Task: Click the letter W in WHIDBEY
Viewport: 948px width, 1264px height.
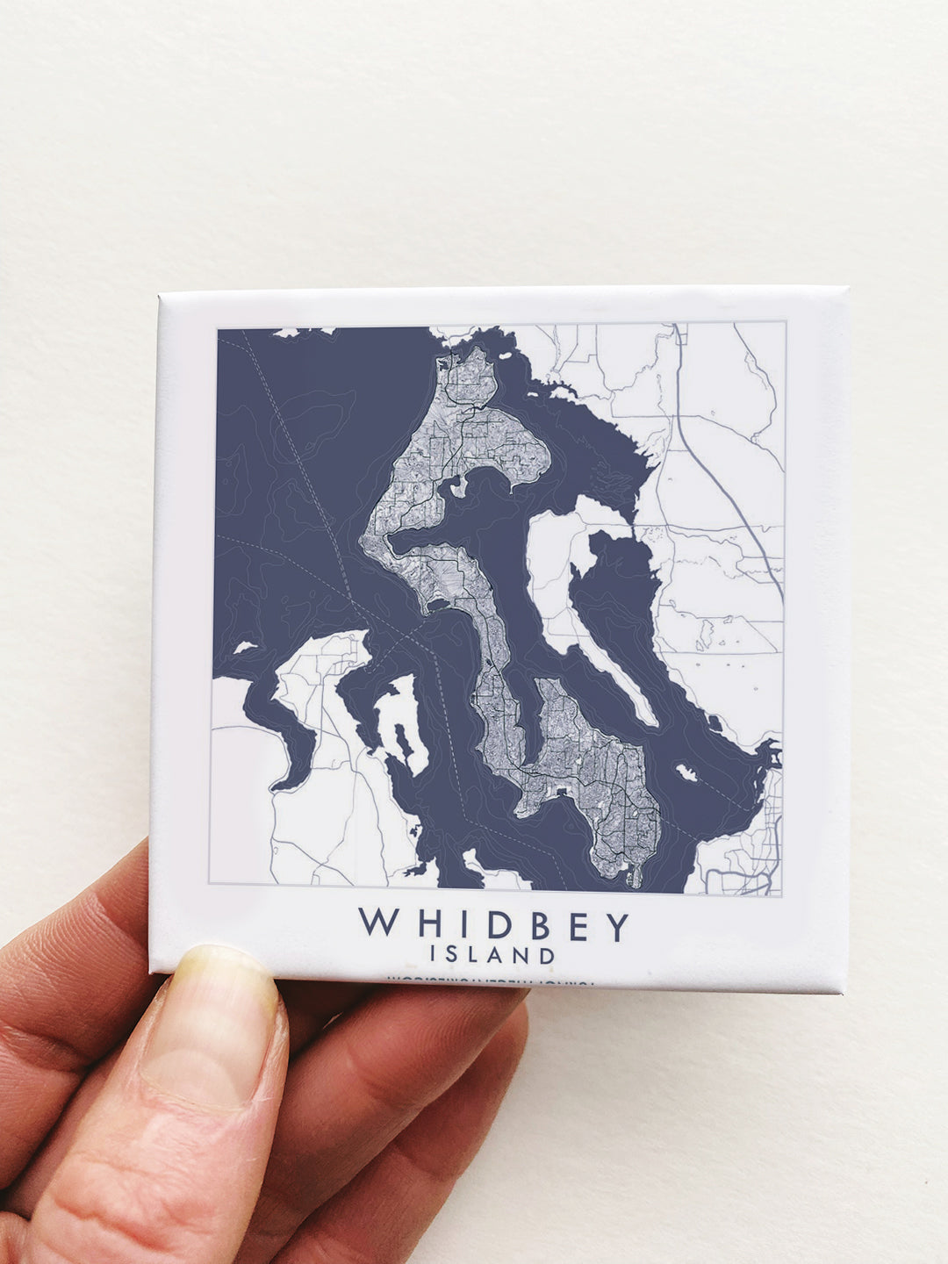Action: point(376,923)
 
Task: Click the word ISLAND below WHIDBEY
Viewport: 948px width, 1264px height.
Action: point(492,954)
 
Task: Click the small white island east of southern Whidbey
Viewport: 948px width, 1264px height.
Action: point(686,772)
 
